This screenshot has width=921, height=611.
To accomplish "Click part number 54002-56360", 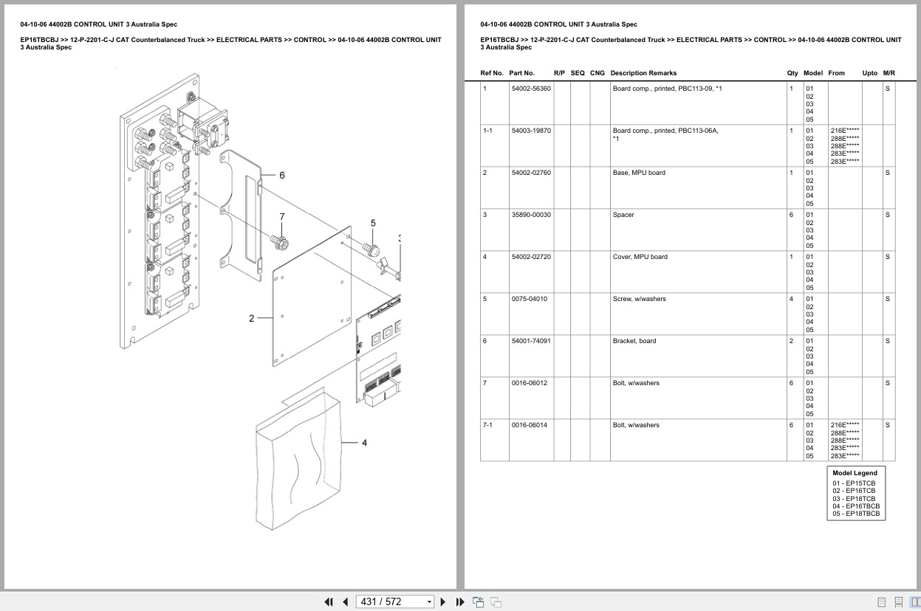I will (x=530, y=89).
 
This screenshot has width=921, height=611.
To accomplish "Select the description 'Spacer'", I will (x=623, y=215).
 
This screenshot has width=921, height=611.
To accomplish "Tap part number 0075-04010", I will (x=529, y=299).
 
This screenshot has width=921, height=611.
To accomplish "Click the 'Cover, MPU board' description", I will (x=640, y=257).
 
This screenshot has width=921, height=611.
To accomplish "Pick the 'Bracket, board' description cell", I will (x=634, y=341).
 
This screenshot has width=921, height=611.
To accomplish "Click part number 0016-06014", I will (x=529, y=425).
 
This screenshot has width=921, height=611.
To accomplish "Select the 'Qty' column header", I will (x=792, y=73).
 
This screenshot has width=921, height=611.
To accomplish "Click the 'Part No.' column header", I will (x=521, y=73).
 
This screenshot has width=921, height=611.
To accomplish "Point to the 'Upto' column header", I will (x=869, y=73).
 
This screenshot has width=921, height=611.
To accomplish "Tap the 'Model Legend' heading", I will (x=855, y=473).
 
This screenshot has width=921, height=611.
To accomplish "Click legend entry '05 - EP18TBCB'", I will (x=856, y=514).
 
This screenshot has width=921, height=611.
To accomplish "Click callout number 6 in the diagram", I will (x=282, y=176).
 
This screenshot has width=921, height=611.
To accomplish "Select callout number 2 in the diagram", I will (x=251, y=319).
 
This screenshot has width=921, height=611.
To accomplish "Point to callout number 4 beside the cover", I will (x=364, y=443).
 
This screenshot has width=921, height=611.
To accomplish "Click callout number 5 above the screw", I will (x=373, y=223).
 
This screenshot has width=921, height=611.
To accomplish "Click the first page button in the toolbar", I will (x=329, y=601).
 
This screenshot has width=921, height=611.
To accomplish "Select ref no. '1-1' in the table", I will (x=487, y=131).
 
